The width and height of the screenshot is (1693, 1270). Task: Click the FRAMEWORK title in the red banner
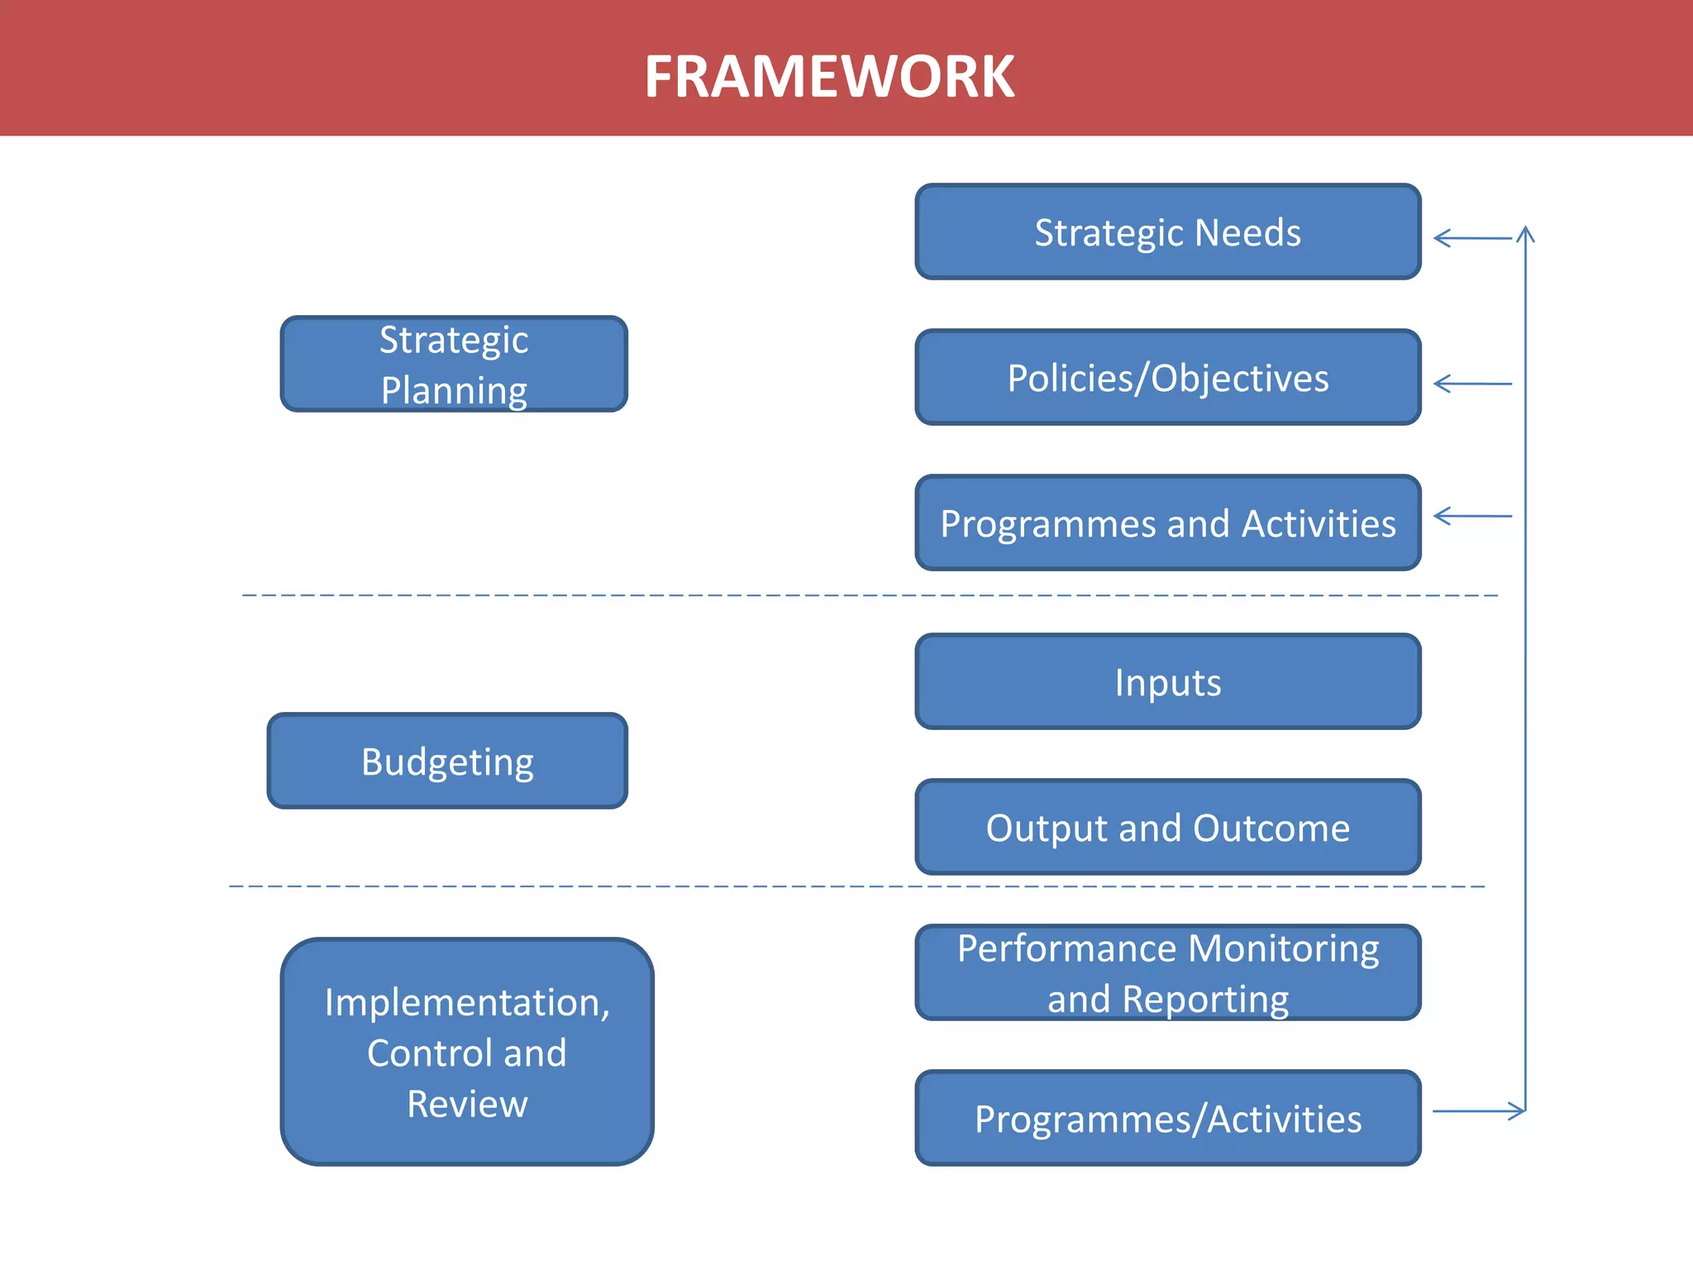[x=829, y=77]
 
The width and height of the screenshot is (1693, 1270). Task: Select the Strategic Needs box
[x=1167, y=232]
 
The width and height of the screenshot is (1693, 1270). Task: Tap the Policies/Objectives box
[x=1167, y=378]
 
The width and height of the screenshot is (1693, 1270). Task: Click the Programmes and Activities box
[x=1167, y=523]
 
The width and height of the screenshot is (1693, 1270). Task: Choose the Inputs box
[x=1167, y=682]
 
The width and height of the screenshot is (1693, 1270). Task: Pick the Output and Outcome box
[x=1167, y=828]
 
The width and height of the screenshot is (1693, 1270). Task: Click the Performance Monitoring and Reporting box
[x=1167, y=972]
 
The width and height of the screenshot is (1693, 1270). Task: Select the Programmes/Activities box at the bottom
[x=1167, y=1119]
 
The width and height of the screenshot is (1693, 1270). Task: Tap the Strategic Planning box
[x=454, y=364]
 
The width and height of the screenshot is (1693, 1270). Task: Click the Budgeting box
[x=447, y=762]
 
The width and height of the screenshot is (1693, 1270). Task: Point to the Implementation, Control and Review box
[x=467, y=1052]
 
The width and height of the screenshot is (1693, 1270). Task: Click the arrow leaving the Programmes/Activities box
[x=1478, y=1111]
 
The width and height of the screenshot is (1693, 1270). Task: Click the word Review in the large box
[x=467, y=1105]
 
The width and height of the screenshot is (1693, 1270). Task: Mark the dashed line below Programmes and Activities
[x=868, y=595]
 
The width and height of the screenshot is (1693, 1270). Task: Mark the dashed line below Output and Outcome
[x=856, y=886]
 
